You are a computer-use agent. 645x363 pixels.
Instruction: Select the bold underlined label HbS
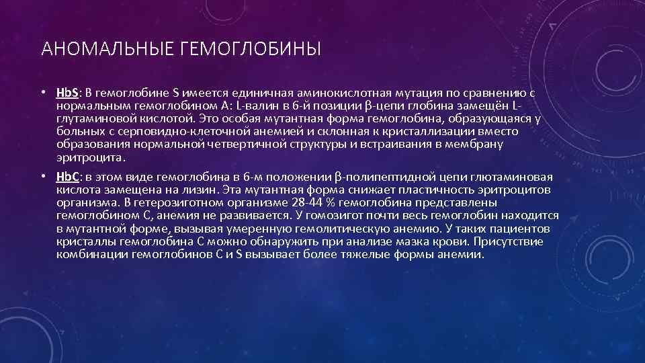click(x=67, y=94)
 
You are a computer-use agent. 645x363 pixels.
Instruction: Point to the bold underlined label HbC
click(x=68, y=177)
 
